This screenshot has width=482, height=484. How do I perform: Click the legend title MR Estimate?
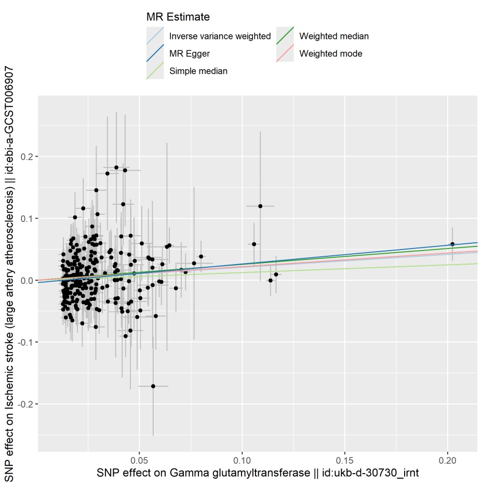[x=178, y=17]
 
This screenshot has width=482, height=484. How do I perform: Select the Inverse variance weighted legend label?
[x=220, y=36]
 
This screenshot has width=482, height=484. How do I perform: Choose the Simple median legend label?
[x=198, y=71]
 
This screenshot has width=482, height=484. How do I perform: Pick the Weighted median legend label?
[x=334, y=36]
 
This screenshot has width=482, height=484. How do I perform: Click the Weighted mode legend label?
[x=331, y=54]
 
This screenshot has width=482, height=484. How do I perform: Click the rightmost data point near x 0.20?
[x=452, y=244]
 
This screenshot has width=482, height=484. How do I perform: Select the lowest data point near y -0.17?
[x=153, y=386]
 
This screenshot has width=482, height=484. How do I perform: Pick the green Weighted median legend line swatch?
[x=285, y=36]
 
